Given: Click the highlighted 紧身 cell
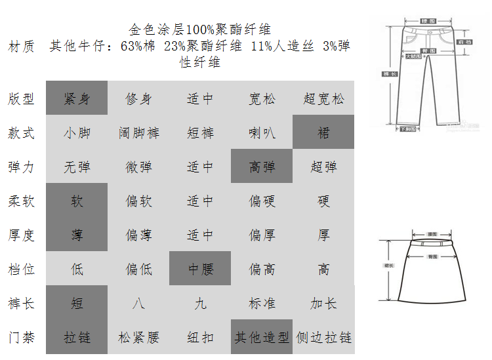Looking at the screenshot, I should [77, 99].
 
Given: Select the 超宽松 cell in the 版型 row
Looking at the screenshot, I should [323, 99].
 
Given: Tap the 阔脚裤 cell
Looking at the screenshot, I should [138, 133].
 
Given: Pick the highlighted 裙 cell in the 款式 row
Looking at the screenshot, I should [323, 133].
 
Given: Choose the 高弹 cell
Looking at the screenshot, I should [262, 167].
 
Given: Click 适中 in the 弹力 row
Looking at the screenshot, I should [200, 167].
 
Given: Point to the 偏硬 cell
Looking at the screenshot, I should [262, 201].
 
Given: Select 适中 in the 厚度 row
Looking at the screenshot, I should [200, 235].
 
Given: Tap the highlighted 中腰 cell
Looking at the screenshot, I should [200, 270].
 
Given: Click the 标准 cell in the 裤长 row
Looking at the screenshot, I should [262, 304].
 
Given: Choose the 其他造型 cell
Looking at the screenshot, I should [262, 338].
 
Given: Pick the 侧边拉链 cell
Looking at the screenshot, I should [323, 338].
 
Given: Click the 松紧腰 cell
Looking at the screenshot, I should [138, 338].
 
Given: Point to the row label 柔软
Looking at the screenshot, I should [22, 201].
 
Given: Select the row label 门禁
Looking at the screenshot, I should [22, 338].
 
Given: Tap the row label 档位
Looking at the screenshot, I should [22, 270].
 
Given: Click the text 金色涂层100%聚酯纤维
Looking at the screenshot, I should [200, 30].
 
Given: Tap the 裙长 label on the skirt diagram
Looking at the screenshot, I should [388, 266].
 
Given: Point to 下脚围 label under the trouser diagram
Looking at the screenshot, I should [407, 129].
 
